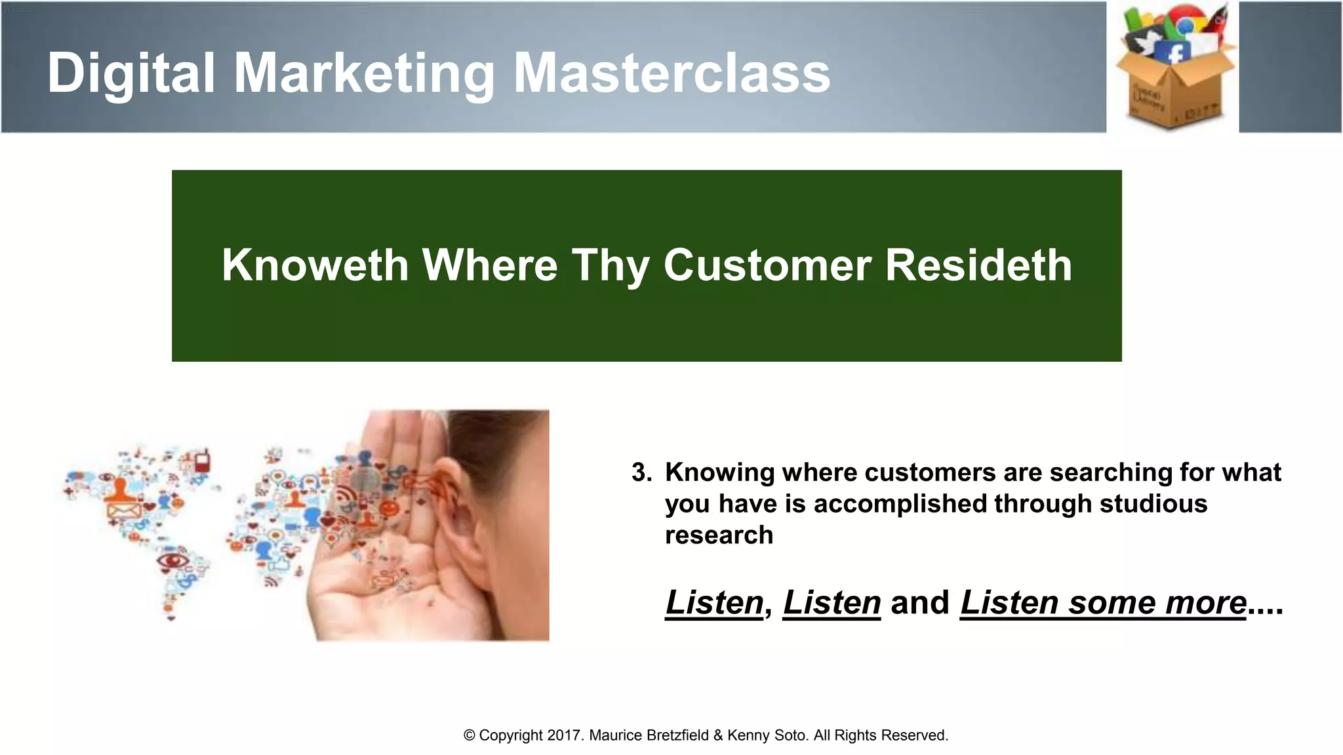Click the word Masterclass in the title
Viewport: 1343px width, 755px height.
671,73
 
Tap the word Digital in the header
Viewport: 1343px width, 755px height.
130,73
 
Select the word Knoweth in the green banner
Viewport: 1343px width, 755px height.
315,265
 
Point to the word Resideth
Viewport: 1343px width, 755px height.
978,265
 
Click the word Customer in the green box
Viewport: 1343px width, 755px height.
767,265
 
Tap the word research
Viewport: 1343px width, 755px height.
719,535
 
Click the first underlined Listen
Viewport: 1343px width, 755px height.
714,603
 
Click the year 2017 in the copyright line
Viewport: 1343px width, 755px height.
563,735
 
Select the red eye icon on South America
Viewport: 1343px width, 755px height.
172,561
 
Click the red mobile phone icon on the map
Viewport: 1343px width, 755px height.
202,461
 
